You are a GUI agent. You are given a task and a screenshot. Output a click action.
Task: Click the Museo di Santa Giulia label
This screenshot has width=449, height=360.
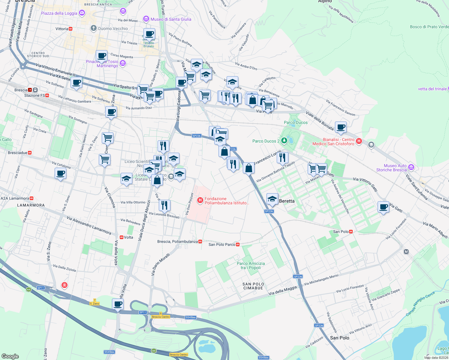[x=170, y=19]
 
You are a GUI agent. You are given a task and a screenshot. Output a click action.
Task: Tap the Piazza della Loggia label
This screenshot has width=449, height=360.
[x=59, y=13]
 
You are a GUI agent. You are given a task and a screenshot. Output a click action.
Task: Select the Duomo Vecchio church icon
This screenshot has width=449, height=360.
[x=93, y=28]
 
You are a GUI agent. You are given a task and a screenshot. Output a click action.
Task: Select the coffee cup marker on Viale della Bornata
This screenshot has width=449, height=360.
[x=341, y=127]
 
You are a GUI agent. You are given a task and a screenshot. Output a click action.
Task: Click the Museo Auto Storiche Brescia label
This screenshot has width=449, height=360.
[x=391, y=168]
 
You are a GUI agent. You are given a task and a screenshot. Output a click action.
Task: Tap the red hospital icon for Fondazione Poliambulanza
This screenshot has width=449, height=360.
[x=200, y=200]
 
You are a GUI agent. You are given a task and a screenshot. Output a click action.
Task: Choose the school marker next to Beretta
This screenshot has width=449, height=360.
[x=272, y=199]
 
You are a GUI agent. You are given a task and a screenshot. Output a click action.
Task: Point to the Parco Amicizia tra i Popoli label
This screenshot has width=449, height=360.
[x=251, y=265]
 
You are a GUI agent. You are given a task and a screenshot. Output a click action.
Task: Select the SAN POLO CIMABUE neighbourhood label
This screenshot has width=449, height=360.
[x=253, y=286]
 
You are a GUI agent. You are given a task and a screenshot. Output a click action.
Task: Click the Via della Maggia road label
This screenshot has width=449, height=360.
[x=282, y=290]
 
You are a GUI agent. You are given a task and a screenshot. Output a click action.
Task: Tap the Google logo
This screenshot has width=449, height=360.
[x=10, y=356]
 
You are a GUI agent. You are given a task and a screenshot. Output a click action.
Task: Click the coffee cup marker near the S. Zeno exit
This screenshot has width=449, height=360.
[x=118, y=304]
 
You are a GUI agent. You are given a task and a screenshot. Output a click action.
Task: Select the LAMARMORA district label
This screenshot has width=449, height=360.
[x=31, y=205]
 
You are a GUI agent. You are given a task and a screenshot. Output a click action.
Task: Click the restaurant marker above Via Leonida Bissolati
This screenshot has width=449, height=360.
[x=164, y=205]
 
